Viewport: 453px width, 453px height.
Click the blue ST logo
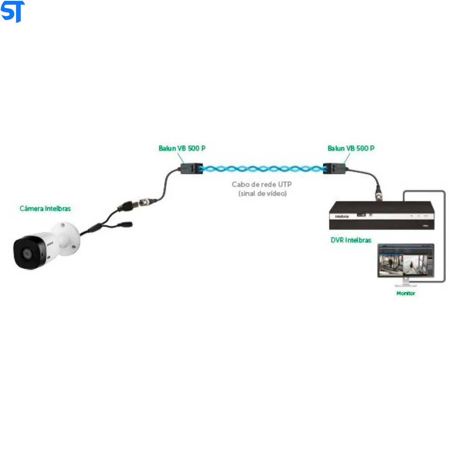(12, 11)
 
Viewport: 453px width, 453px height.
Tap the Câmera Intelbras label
(45, 208)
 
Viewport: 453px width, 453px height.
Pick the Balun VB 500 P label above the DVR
(351, 148)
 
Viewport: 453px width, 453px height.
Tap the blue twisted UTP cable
(263, 169)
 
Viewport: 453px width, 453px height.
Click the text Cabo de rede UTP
(262, 184)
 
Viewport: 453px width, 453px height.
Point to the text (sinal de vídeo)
(262, 193)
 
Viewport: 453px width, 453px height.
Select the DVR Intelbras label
(351, 240)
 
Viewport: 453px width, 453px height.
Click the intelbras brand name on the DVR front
(342, 217)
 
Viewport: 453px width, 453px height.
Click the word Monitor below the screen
(405, 293)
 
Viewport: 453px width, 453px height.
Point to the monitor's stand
(405, 283)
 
